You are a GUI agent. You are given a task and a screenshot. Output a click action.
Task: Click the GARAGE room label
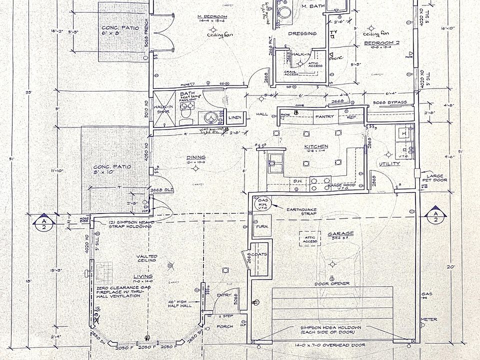340,233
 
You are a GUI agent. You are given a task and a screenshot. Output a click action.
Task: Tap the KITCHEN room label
315,146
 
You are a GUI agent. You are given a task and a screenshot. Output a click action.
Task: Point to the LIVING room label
143,276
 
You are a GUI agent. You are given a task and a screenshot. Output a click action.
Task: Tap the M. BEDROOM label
213,16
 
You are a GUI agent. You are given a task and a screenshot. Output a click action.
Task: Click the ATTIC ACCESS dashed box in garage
310,239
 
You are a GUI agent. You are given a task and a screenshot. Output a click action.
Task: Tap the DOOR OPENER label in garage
339,283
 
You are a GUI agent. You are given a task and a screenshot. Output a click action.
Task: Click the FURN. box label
261,226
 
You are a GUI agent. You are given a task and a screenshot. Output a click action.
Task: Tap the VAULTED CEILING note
146,258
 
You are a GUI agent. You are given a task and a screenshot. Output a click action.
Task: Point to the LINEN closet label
235,118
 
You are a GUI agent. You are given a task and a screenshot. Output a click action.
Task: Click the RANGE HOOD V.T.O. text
341,186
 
